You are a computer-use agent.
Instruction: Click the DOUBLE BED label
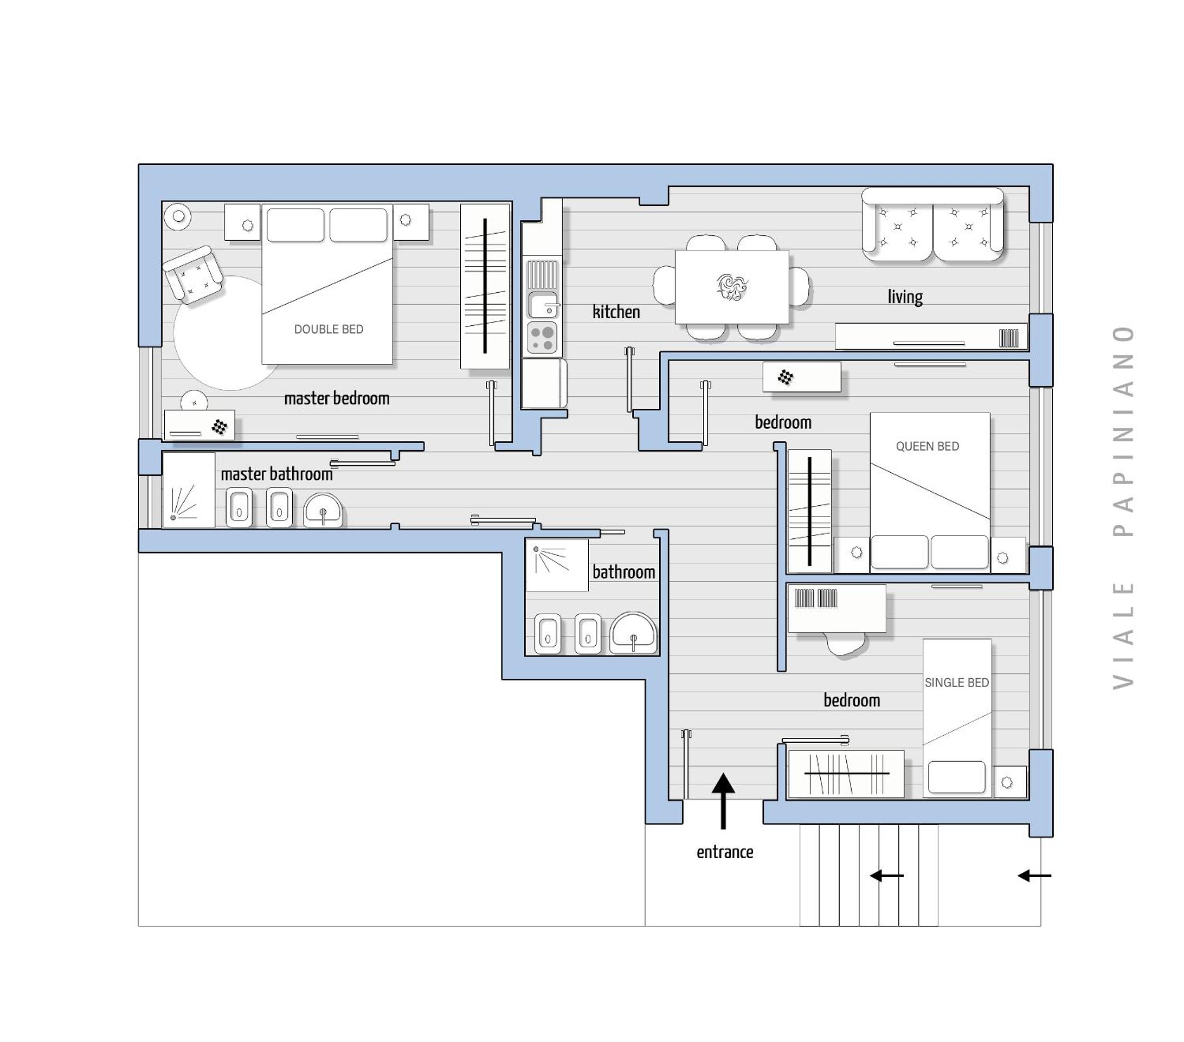[328, 329]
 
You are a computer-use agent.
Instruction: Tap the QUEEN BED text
[927, 446]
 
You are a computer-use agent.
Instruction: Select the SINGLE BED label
[956, 683]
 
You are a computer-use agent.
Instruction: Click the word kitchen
[616, 312]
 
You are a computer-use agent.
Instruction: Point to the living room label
[905, 296]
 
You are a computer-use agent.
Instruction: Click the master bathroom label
[276, 474]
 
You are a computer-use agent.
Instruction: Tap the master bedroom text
[337, 398]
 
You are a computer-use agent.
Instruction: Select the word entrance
[725, 852]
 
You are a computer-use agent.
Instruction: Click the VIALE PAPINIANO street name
[1123, 507]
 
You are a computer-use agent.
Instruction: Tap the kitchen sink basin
[543, 305]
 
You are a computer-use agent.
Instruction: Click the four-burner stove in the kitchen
[542, 338]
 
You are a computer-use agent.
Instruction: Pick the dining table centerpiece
[732, 286]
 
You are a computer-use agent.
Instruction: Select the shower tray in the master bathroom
[189, 491]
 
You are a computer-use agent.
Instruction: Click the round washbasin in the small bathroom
[633, 634]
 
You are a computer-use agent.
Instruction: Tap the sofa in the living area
[933, 224]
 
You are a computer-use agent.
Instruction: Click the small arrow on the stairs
[887, 875]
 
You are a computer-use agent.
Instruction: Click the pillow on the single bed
[956, 777]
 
